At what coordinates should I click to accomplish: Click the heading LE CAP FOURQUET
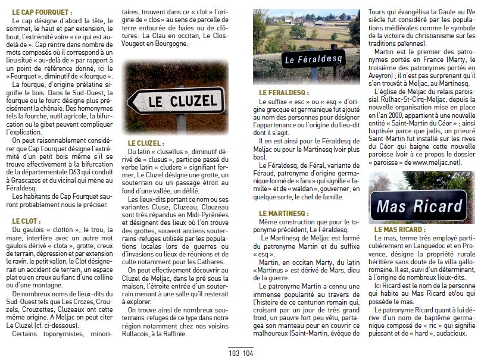pyautogui.click(x=42, y=12)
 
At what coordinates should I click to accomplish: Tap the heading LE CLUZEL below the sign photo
pyautogui.click(x=145, y=143)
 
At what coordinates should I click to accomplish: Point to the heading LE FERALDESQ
pyautogui.click(x=282, y=93)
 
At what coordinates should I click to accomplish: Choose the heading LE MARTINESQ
pyautogui.click(x=283, y=212)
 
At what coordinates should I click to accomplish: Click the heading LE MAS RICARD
pyautogui.click(x=399, y=228)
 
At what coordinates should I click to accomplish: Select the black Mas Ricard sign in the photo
pyautogui.click(x=420, y=206)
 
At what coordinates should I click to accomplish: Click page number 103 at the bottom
pyautogui.click(x=233, y=353)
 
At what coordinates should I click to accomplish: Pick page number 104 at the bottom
pyautogui.click(x=248, y=353)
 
